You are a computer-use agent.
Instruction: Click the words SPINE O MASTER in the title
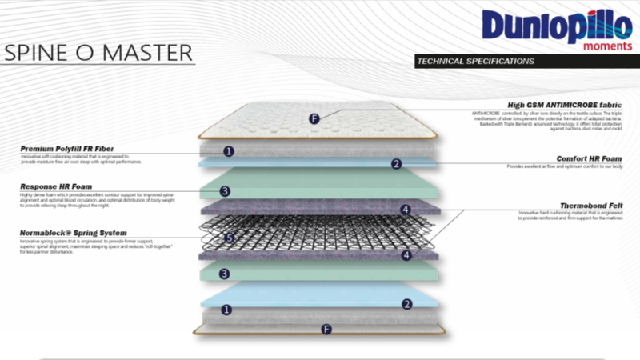[x=98, y=54]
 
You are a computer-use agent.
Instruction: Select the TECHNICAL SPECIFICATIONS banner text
[x=474, y=61]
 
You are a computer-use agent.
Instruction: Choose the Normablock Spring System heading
[x=73, y=232]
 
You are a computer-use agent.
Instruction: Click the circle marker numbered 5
[x=229, y=238]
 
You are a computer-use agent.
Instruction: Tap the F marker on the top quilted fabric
[x=314, y=119]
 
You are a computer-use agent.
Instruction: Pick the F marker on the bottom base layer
[x=325, y=329]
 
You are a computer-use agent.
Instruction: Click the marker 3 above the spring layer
[x=226, y=191]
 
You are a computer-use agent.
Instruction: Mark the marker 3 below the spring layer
[x=226, y=274]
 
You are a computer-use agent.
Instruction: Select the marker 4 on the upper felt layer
[x=406, y=210]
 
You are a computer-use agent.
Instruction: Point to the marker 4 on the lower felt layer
[x=406, y=255]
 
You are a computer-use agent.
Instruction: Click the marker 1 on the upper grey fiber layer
[x=229, y=150]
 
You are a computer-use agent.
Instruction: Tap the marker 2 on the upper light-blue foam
[x=395, y=164]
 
